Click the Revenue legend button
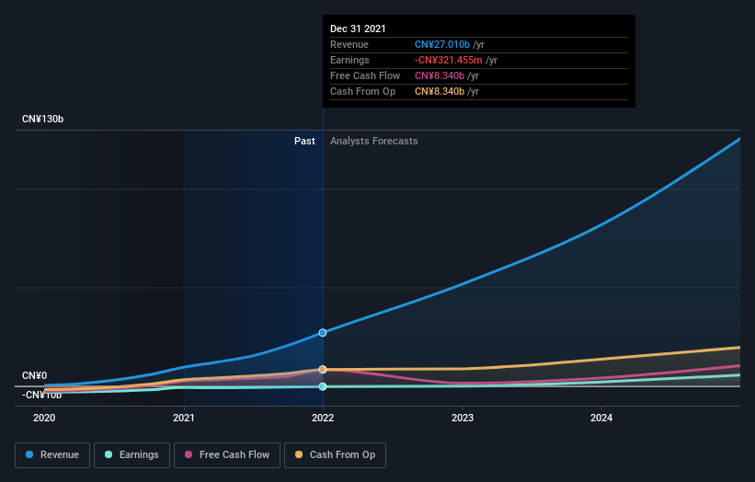(x=52, y=454)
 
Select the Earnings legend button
(x=132, y=454)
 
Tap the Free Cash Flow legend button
(x=226, y=454)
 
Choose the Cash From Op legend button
(x=336, y=454)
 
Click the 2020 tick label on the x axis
(x=44, y=418)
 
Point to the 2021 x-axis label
(x=184, y=418)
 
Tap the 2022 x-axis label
(x=323, y=418)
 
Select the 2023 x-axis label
(x=463, y=418)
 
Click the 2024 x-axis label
(x=601, y=418)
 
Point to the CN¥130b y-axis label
(x=44, y=120)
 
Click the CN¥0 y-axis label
(x=35, y=375)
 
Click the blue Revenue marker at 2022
(x=323, y=332)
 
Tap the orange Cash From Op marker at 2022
(x=323, y=370)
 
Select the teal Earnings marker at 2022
(x=323, y=386)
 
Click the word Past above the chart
(x=304, y=141)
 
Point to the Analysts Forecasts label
(x=373, y=141)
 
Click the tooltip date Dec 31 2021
(x=358, y=29)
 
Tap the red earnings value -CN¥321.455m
(x=451, y=60)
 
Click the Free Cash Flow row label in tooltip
(x=365, y=75)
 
